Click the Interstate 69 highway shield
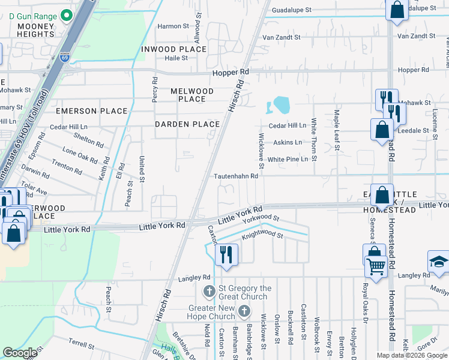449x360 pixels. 65,58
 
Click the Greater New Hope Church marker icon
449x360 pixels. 244,311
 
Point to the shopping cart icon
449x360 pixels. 376,266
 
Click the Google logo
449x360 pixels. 20,353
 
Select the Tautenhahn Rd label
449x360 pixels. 237,176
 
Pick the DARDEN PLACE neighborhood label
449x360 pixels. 187,124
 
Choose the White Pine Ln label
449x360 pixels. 288,159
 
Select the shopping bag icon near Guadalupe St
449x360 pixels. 397,10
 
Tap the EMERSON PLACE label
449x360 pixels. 91,111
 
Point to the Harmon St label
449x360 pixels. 173,26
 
